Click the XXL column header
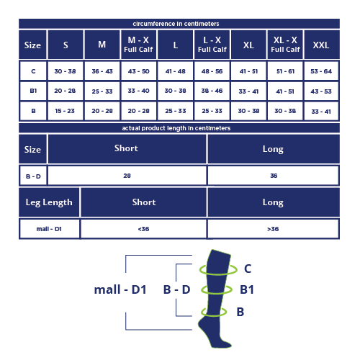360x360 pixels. (x=321, y=45)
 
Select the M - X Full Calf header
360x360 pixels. (x=138, y=45)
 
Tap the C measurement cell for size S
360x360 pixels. (x=65, y=71)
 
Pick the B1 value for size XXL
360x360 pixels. (x=321, y=91)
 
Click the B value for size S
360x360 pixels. (x=65, y=111)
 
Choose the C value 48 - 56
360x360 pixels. (x=212, y=71)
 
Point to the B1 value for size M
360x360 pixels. (x=102, y=91)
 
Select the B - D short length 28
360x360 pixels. (x=127, y=176)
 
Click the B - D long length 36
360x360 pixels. (x=274, y=176)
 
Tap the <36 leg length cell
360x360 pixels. (x=143, y=229)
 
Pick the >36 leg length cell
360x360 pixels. (x=273, y=229)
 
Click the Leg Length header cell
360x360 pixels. (x=49, y=202)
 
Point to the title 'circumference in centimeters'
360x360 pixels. (x=176, y=24)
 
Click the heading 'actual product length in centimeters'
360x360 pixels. (x=176, y=128)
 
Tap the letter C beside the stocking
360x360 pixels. (x=248, y=269)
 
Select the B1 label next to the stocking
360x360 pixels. (x=247, y=289)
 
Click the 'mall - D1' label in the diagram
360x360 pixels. (x=120, y=289)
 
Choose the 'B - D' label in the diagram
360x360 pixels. (x=177, y=289)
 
